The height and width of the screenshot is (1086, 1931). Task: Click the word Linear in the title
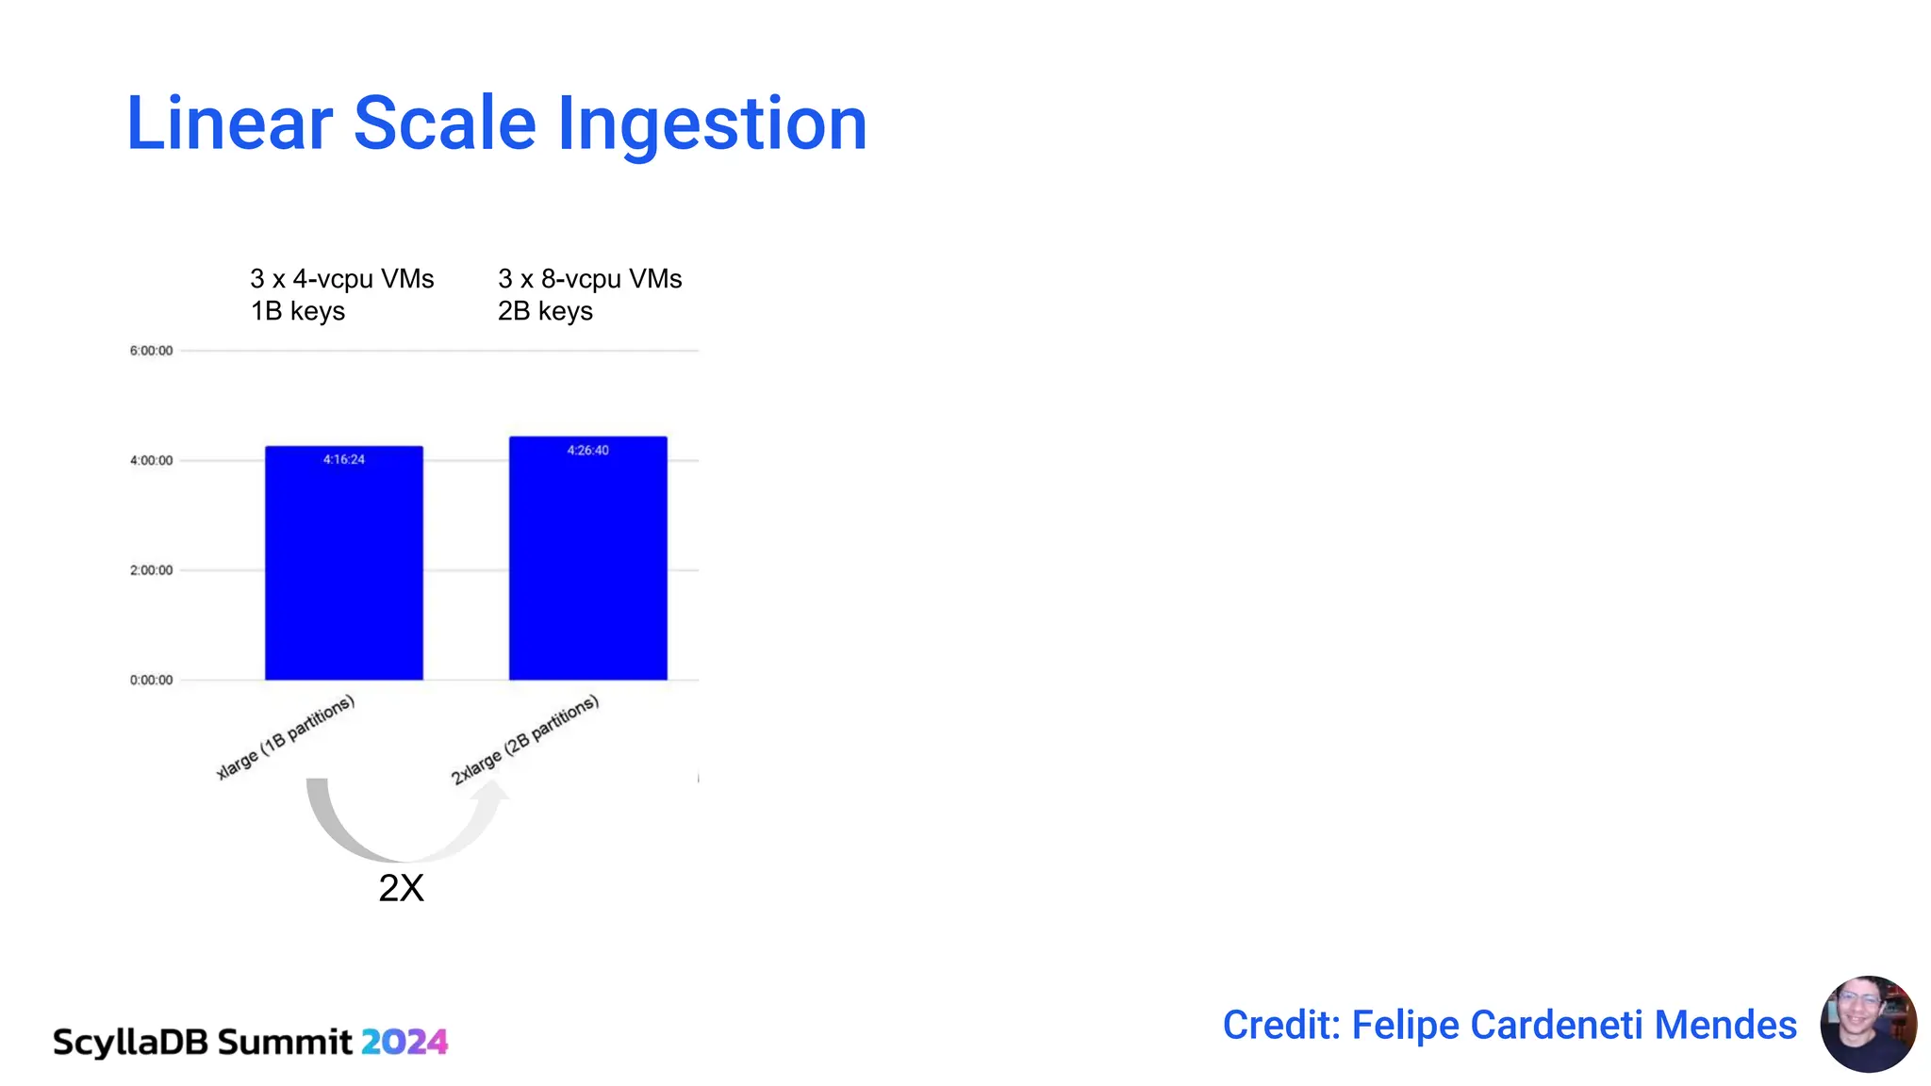(230, 123)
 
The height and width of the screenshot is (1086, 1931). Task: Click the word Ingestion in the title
(712, 123)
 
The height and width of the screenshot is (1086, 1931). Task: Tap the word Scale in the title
(444, 123)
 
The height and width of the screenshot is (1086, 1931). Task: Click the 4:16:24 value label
(344, 459)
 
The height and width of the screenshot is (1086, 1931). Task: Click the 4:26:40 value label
(588, 450)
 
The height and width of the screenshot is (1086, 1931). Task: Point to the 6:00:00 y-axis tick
(152, 351)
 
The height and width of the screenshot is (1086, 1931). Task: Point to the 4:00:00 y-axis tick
(152, 460)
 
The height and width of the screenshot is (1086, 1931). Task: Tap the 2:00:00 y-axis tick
(152, 570)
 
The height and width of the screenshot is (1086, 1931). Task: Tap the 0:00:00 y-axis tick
(152, 680)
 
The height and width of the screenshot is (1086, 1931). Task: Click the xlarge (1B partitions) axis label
(286, 737)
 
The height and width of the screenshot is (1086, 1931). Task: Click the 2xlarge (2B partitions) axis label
(525, 740)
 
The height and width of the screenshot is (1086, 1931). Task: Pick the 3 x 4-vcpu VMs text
(342, 279)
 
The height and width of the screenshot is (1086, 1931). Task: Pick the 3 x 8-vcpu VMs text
(590, 279)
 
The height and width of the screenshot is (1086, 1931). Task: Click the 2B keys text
(545, 311)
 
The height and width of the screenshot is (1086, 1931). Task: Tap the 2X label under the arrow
(402, 888)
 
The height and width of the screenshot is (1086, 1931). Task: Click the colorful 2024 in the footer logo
(404, 1042)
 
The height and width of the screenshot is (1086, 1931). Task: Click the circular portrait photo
(1868, 1024)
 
